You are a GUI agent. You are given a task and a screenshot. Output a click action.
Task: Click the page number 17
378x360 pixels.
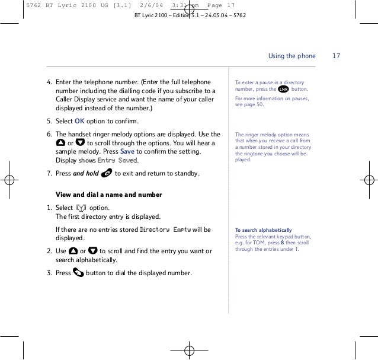point(336,56)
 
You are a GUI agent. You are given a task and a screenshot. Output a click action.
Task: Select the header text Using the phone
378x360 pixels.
point(292,56)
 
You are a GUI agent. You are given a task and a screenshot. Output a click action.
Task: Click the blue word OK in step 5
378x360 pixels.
point(80,122)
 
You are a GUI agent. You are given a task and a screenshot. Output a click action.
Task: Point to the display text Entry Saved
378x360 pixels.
point(117,161)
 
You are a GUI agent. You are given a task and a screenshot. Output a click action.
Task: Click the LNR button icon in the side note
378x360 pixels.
point(283,90)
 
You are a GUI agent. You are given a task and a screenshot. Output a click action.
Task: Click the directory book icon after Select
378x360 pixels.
point(82,208)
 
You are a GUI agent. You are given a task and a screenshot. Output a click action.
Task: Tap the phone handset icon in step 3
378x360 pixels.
point(79,273)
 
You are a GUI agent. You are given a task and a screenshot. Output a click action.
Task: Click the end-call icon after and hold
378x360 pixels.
point(107,173)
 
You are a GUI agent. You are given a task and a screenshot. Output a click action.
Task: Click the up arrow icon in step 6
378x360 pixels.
point(60,143)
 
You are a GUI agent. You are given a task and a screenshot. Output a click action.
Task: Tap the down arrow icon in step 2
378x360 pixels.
point(92,251)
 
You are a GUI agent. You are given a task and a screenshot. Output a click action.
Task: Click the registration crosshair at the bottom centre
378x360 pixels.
point(188,349)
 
